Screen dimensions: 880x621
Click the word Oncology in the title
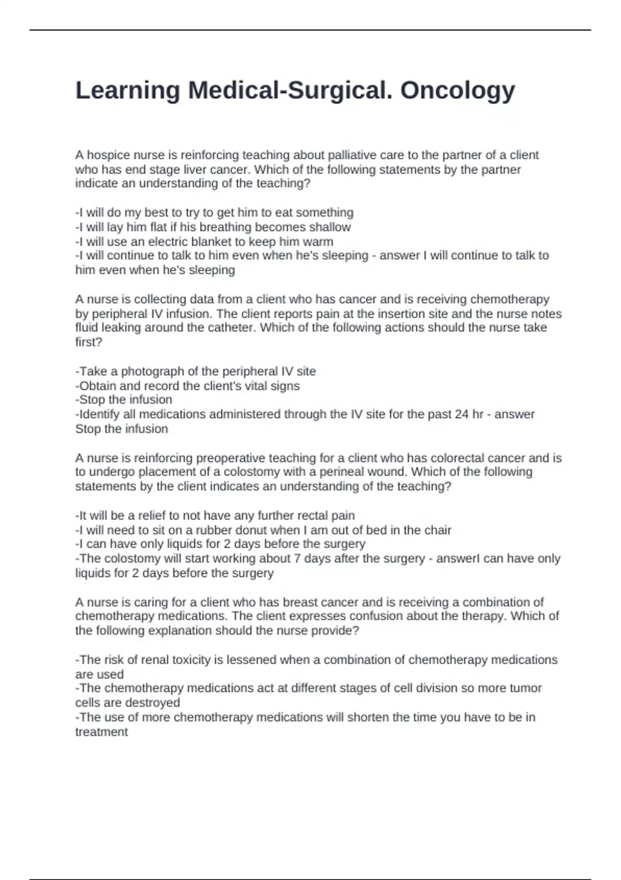point(457,91)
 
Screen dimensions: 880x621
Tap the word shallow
point(330,227)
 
